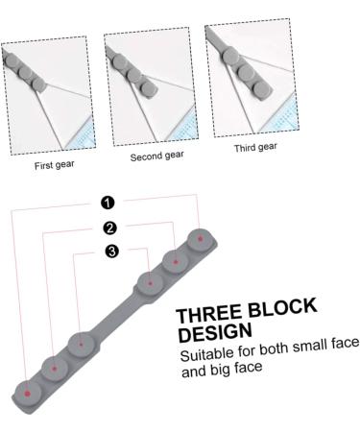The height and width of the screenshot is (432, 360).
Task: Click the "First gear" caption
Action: (x=55, y=164)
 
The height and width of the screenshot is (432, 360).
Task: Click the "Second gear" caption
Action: (x=156, y=155)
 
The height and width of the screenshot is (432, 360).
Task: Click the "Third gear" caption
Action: (x=255, y=147)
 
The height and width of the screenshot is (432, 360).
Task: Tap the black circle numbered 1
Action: (x=108, y=202)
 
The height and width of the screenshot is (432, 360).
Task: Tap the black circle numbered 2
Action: (x=110, y=228)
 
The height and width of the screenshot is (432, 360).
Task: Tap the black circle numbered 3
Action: (x=112, y=252)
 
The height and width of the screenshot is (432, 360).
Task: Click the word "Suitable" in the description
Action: (x=204, y=356)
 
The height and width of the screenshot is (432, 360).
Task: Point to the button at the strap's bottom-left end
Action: (x=28, y=393)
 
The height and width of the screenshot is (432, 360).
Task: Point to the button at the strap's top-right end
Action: (x=200, y=236)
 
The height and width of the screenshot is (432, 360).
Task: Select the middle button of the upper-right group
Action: (x=176, y=259)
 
